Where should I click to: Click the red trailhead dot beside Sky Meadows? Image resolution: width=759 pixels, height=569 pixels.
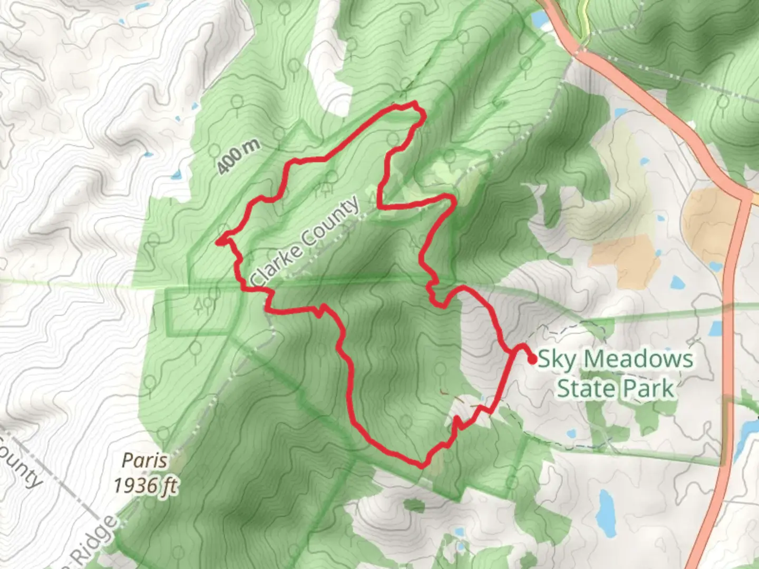click(x=532, y=359)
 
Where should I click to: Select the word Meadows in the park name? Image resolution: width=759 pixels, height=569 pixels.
click(x=638, y=359)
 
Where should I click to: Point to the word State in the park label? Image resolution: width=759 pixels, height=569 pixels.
click(x=584, y=389)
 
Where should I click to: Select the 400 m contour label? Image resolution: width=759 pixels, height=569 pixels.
click(x=239, y=157)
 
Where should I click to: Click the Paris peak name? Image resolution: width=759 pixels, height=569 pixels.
click(x=144, y=461)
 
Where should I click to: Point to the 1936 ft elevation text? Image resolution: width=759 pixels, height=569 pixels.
click(x=145, y=485)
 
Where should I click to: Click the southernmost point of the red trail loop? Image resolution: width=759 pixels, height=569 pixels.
click(x=422, y=466)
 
